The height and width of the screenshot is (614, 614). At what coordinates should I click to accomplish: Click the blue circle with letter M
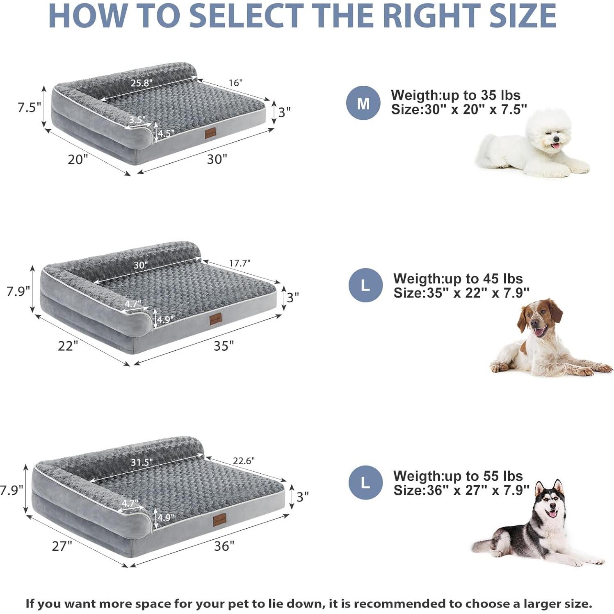pos(363,103)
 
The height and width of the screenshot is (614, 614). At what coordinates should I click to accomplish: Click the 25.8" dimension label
pos(142,83)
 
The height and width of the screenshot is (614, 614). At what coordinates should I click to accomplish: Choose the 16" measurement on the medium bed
pos(235,83)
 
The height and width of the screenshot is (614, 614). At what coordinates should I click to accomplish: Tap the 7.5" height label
pos(29,107)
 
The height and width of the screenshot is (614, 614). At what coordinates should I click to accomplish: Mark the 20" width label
pos(78,159)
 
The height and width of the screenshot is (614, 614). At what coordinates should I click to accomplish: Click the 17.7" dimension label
pos(240,263)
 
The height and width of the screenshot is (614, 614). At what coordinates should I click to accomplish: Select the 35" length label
pos(224,346)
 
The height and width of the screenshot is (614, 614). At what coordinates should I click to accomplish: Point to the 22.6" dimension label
pos(244,461)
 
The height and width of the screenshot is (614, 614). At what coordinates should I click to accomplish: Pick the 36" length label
pos(224,546)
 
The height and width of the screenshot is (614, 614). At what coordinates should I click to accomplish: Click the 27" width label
pos(62,546)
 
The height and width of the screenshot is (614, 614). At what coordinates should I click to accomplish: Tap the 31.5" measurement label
pos(142,462)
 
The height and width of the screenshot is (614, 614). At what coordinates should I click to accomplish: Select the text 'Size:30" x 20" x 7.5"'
pos(459,110)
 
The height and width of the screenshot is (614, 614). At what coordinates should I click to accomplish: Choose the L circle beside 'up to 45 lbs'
pos(365,285)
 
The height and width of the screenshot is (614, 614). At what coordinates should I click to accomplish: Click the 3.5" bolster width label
pos(137,120)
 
